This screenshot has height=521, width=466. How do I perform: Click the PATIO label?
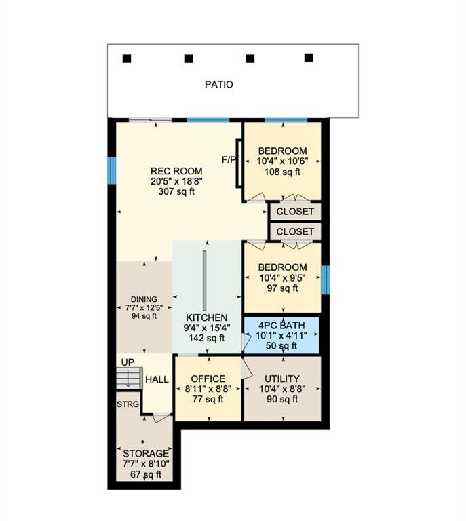click(219, 84)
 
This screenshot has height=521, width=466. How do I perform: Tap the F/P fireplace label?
click(229, 160)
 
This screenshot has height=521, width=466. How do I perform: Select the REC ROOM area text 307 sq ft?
click(176, 192)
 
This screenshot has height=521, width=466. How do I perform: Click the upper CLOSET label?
click(295, 212)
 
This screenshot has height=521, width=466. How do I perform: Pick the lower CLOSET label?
click(295, 231)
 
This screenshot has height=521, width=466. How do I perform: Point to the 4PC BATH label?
click(281, 326)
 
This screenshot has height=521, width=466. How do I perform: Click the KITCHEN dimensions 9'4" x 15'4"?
click(207, 328)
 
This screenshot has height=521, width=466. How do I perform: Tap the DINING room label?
click(144, 299)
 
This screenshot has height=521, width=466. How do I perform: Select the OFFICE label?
click(208, 379)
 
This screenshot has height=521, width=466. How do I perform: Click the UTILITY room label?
click(282, 379)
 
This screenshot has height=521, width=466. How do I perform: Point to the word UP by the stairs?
click(128, 362)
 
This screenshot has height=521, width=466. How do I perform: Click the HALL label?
click(157, 379)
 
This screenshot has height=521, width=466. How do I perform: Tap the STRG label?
click(128, 404)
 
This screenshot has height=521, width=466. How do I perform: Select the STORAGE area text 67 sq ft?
click(146, 474)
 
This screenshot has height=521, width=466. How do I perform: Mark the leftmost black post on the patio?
click(127, 59)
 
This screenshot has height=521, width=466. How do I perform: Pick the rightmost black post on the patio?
click(309, 58)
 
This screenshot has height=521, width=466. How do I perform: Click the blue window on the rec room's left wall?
click(112, 170)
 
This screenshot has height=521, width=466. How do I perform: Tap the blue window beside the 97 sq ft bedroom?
click(325, 279)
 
